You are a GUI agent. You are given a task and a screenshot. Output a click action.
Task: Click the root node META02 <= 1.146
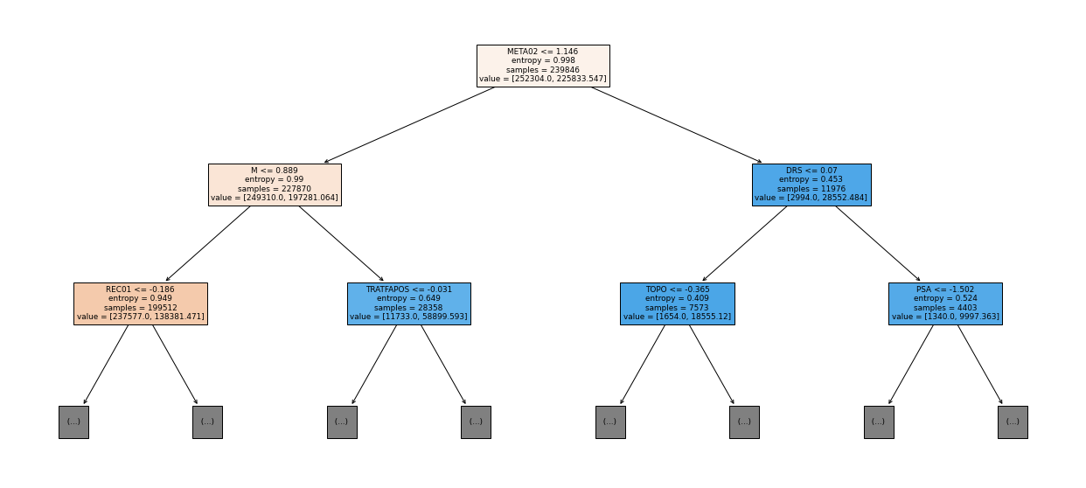[543, 66]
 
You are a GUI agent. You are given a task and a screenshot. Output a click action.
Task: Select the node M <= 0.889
[275, 185]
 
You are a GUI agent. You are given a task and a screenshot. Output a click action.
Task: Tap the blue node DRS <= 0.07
[811, 185]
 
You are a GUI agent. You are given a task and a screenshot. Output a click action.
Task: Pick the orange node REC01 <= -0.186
[141, 303]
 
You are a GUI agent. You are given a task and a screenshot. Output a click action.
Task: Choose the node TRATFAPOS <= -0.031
[408, 303]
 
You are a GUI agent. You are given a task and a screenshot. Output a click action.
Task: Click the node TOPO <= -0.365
[678, 303]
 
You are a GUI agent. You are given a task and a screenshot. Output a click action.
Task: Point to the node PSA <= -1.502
[945, 303]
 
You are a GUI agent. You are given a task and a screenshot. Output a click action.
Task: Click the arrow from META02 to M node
[409, 125]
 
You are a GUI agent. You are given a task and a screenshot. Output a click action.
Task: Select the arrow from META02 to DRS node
[677, 125]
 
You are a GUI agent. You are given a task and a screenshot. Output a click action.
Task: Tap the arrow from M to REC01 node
[208, 244]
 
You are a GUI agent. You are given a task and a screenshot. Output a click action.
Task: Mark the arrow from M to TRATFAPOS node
[341, 244]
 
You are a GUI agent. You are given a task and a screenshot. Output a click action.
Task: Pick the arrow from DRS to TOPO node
[744, 244]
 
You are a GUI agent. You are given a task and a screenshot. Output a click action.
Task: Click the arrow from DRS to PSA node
[878, 244]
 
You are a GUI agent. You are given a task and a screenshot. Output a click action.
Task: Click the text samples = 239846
[542, 70]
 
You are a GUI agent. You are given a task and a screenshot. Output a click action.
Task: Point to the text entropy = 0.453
[811, 179]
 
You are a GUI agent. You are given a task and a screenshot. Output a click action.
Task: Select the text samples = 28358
[408, 308]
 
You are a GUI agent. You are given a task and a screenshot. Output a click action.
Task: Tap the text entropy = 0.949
[140, 298]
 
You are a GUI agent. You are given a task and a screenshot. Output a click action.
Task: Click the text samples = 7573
[677, 308]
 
